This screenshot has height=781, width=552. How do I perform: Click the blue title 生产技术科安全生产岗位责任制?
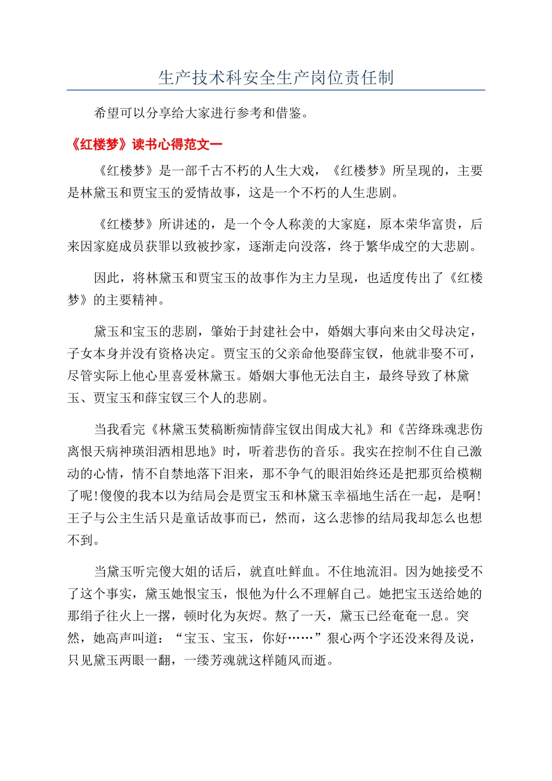pyautogui.click(x=276, y=78)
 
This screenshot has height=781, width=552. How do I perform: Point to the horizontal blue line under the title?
pyautogui.click(x=276, y=90)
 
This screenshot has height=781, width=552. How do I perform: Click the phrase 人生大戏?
pyautogui.click(x=289, y=171)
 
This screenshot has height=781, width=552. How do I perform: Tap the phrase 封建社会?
pyautogui.click(x=275, y=332)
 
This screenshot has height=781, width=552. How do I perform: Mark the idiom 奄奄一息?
pyautogui.click(x=418, y=616)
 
